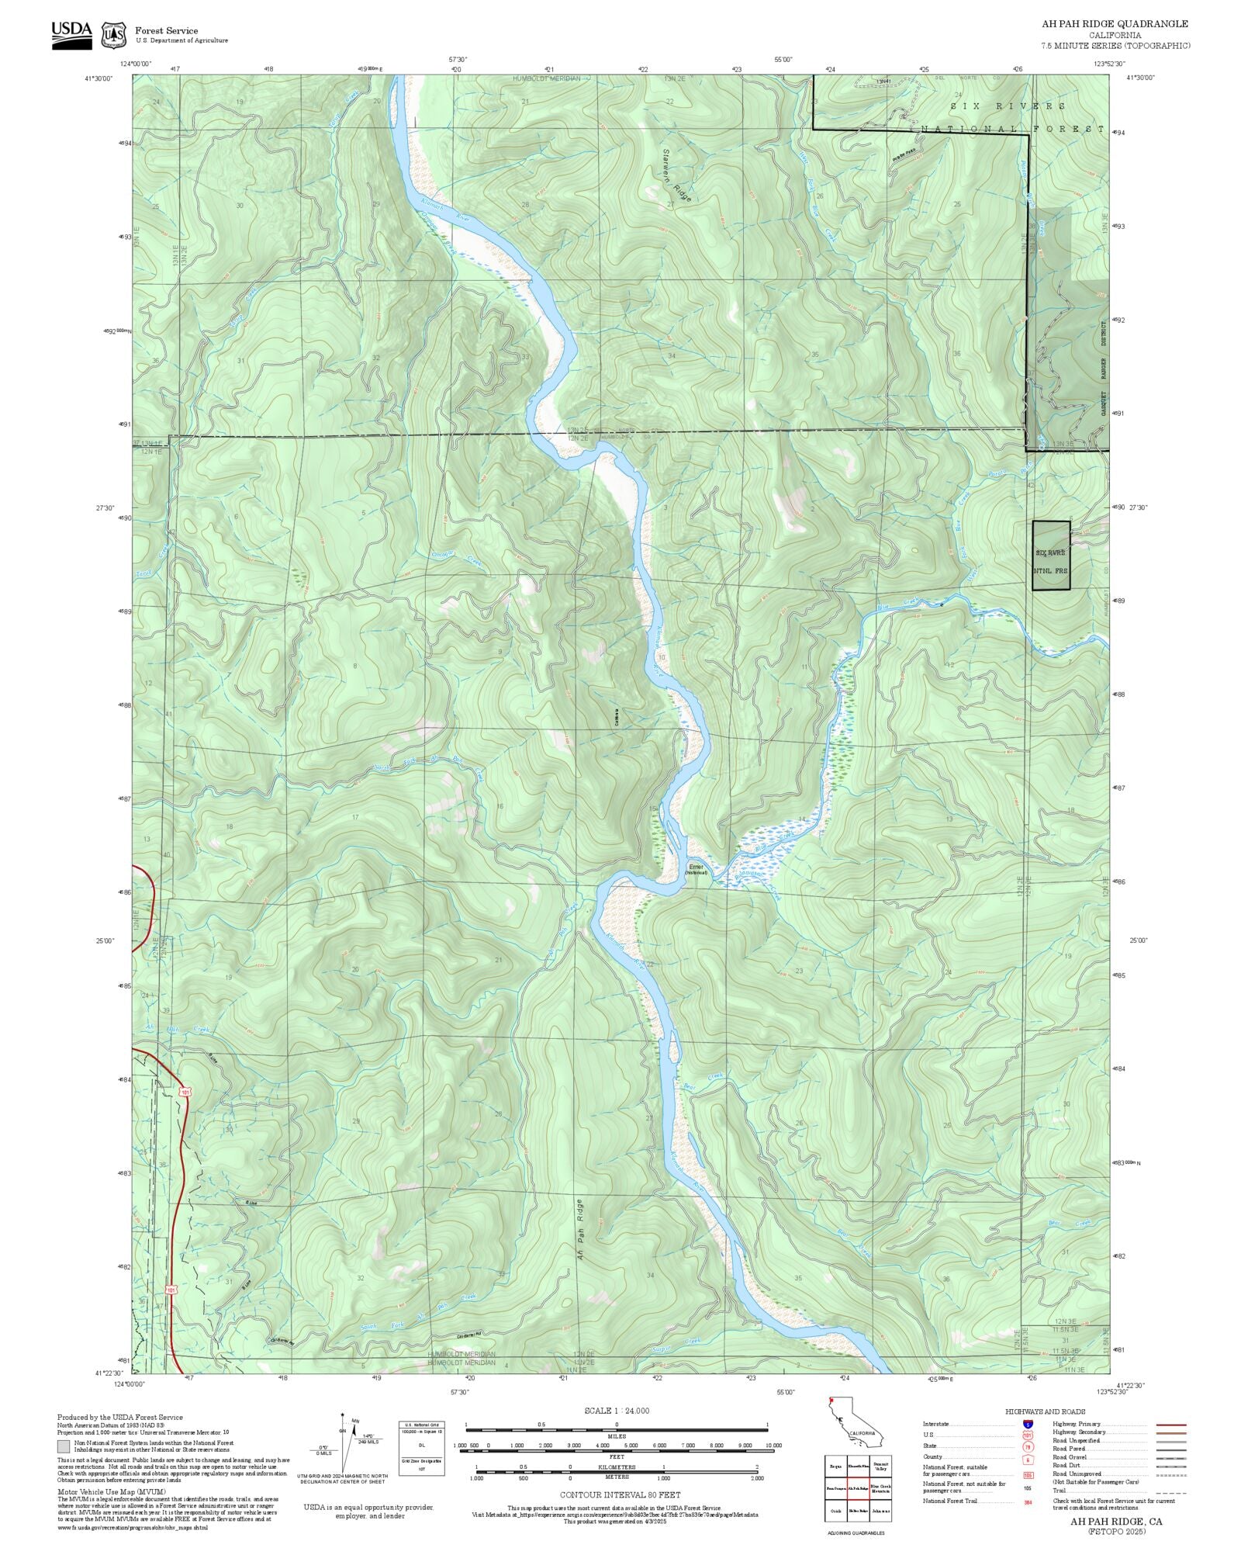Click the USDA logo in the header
pyautogui.click(x=71, y=35)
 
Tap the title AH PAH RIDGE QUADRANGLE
pyautogui.click(x=1115, y=24)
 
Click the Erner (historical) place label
pyautogui.click(x=696, y=869)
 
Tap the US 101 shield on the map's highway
pyautogui.click(x=185, y=1092)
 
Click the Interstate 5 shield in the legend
pyautogui.click(x=1027, y=1425)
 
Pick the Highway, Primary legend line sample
pyautogui.click(x=1171, y=1425)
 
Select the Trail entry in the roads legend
pyautogui.click(x=1060, y=1491)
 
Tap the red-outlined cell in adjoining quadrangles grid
pyautogui.click(x=857, y=1487)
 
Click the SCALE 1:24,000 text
pyautogui.click(x=617, y=1411)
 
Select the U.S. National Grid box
pyautogui.click(x=422, y=1448)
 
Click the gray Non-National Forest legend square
pyautogui.click(x=63, y=1446)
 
